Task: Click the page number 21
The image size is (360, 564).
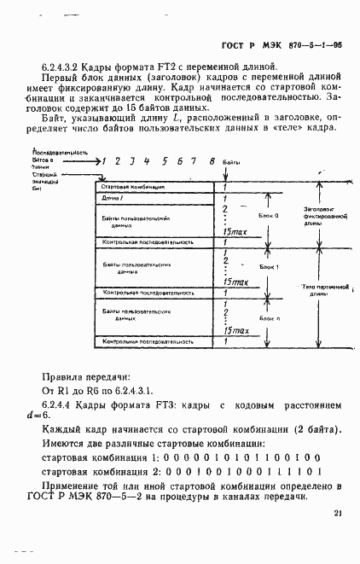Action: click(338, 513)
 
